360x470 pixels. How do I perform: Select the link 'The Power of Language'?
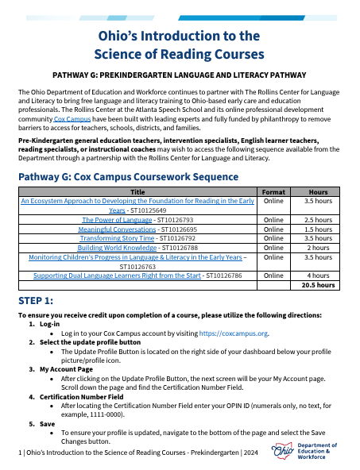pyautogui.click(x=112, y=219)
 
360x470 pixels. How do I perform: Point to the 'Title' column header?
pyautogui.click(x=137, y=192)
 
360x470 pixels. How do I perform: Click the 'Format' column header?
pyautogui.click(x=273, y=192)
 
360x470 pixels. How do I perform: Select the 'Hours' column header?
pyautogui.click(x=318, y=192)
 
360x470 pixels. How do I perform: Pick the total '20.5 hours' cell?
pyautogui.click(x=318, y=284)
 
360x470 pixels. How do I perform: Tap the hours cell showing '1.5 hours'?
pyautogui.click(x=318, y=228)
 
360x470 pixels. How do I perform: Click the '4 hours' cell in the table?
pyautogui.click(x=318, y=275)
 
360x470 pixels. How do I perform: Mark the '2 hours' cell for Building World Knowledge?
pyautogui.click(x=318, y=246)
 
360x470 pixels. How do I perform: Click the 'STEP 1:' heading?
pyautogui.click(x=37, y=302)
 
